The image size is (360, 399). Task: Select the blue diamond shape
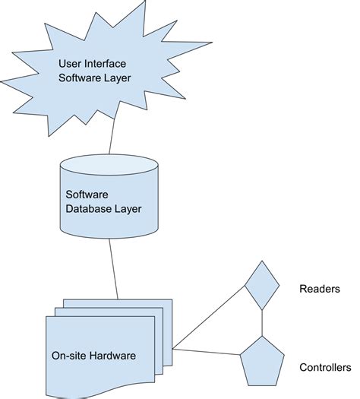click(x=261, y=285)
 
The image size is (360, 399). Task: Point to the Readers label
click(x=320, y=290)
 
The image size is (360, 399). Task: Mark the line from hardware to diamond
click(x=209, y=320)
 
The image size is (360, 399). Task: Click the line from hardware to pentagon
click(x=207, y=353)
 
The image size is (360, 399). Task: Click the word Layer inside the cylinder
click(x=125, y=209)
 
